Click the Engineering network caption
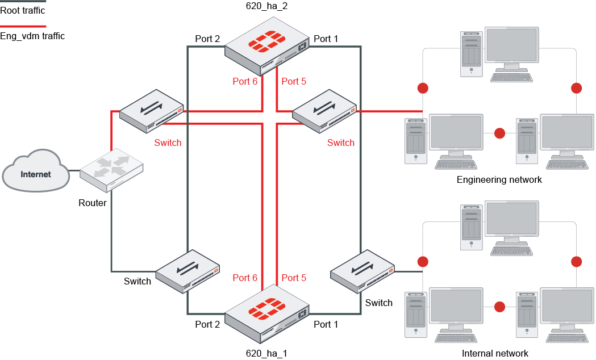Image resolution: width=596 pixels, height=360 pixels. [x=499, y=180]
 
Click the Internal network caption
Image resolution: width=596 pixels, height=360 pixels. [x=495, y=353]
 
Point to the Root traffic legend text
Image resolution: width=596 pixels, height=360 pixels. [x=23, y=10]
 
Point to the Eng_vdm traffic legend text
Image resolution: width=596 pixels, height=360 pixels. [x=32, y=36]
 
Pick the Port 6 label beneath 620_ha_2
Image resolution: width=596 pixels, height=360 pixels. [x=245, y=82]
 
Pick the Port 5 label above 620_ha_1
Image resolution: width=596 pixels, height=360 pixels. [x=294, y=278]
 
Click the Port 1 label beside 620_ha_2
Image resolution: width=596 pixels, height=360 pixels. [x=326, y=39]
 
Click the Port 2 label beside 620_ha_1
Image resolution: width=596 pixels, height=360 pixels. [x=207, y=324]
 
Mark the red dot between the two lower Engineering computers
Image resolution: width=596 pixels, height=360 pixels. [x=499, y=133]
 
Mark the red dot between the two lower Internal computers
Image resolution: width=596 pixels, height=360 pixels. [x=499, y=307]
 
